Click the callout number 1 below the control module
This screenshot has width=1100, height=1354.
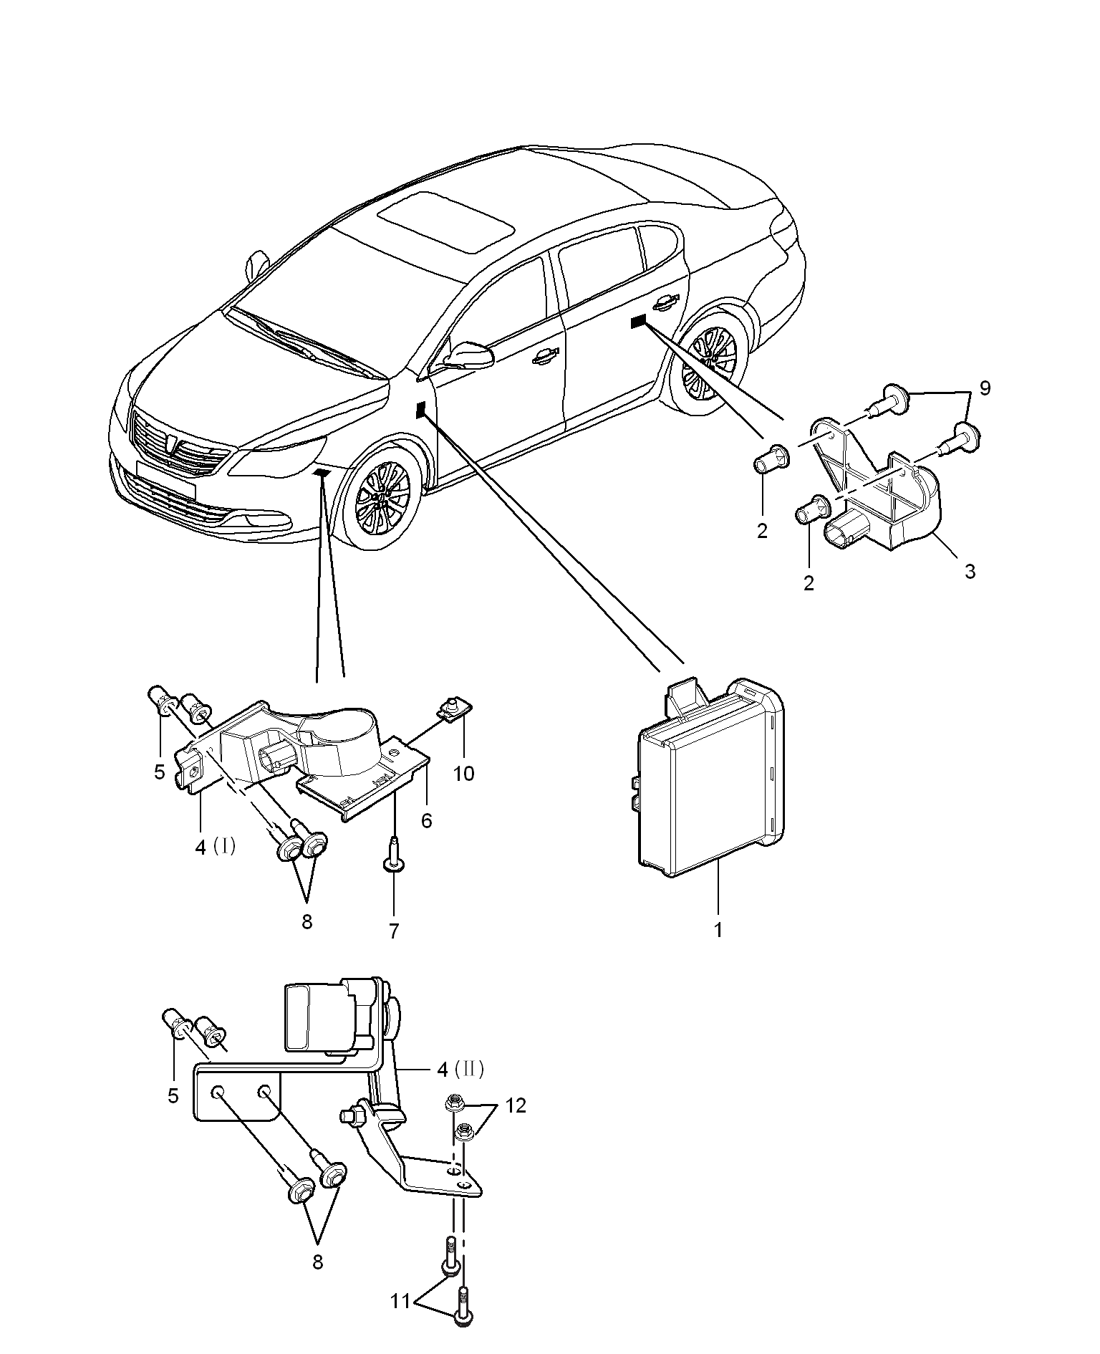(718, 930)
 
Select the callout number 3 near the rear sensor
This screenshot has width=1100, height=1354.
(970, 572)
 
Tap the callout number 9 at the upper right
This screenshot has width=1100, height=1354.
(985, 388)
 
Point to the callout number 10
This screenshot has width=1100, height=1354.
(464, 774)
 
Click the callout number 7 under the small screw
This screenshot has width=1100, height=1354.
(393, 931)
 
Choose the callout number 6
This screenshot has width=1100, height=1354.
(427, 820)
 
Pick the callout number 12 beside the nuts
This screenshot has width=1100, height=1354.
(516, 1105)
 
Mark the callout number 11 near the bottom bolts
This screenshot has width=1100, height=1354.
(400, 1300)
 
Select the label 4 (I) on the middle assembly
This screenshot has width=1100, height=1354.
(216, 847)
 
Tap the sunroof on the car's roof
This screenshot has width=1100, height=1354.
(445, 221)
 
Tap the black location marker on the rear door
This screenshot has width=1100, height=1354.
(638, 321)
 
